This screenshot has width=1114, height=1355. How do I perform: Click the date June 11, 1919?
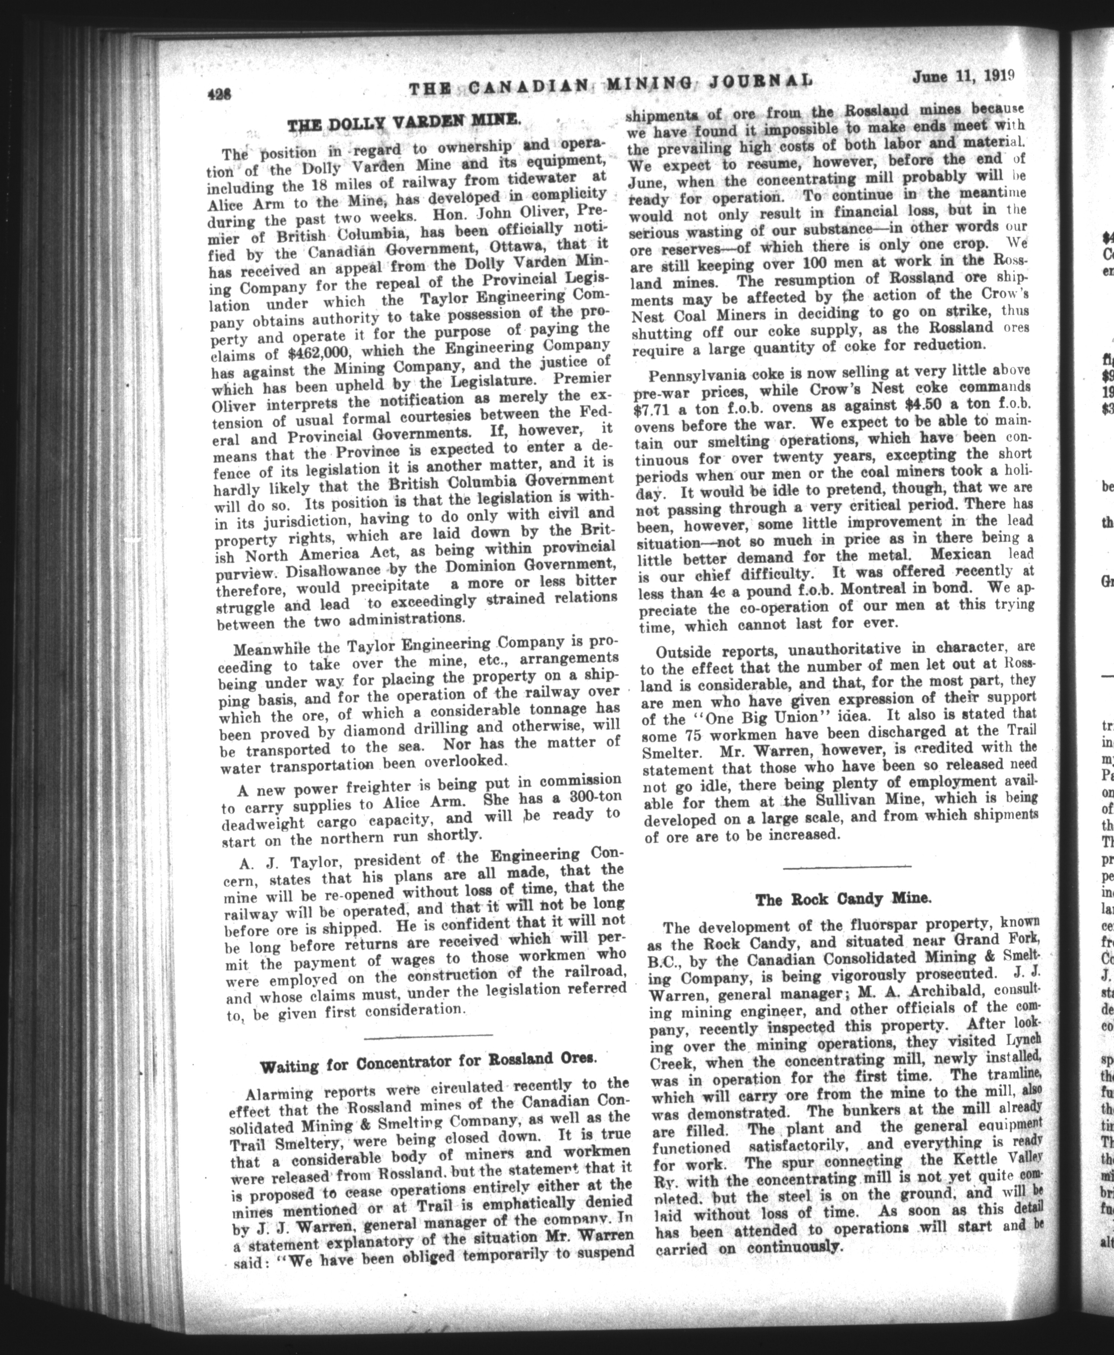tap(964, 77)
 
